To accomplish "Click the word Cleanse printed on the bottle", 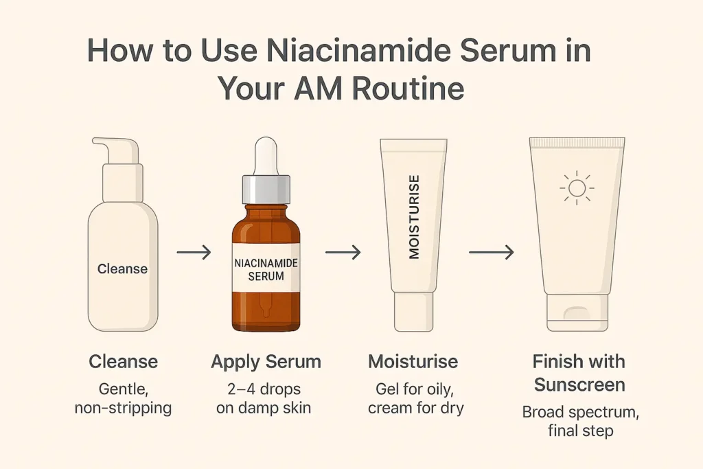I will click(x=122, y=269).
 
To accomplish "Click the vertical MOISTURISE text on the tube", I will click(x=414, y=217).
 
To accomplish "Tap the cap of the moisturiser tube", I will click(x=413, y=312).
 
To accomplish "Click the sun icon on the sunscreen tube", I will click(x=577, y=187).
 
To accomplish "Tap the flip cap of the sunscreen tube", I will click(x=577, y=314).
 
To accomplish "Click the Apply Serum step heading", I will click(x=266, y=362).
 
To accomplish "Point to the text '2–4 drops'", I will click(x=265, y=389).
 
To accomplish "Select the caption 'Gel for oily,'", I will click(x=414, y=389).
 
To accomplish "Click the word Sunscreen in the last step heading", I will click(x=579, y=385).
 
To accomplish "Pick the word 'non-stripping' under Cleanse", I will click(x=123, y=408).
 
